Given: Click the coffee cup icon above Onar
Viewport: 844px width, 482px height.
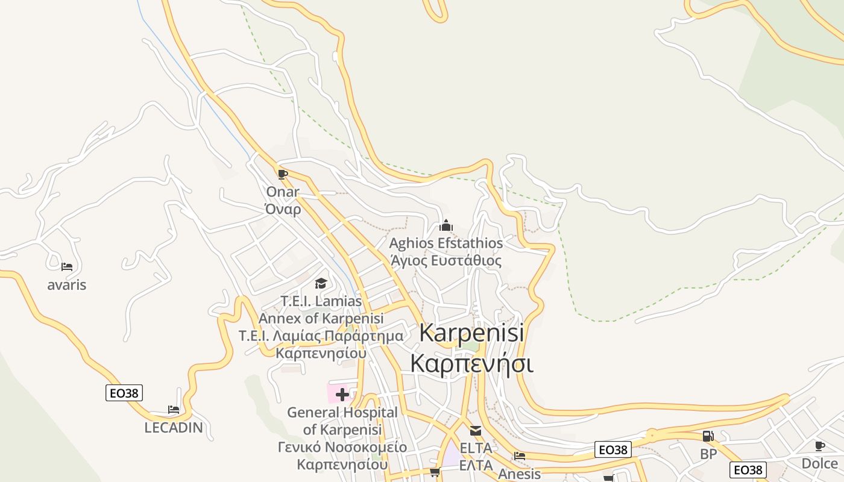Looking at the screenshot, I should click(282, 175).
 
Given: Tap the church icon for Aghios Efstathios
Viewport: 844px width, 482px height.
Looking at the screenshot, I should click(446, 226).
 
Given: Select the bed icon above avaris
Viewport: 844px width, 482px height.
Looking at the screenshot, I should click(67, 266).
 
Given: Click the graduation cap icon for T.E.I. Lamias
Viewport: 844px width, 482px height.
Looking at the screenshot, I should click(321, 283).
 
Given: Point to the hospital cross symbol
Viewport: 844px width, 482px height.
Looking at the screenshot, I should click(342, 395).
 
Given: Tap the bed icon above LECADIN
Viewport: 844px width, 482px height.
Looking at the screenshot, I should click(174, 410).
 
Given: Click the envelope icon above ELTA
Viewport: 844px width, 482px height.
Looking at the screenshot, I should click(476, 431).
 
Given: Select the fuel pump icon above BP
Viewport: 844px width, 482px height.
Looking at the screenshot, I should click(708, 436).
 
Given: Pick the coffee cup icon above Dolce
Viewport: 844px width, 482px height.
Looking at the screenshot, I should click(819, 446).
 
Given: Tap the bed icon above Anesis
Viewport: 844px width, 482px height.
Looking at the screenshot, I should click(520, 456).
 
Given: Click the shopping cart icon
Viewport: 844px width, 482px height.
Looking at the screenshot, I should click(435, 472).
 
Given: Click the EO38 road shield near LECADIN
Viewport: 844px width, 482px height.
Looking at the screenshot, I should click(124, 393).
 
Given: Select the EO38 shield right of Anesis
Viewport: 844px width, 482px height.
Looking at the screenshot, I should click(613, 449).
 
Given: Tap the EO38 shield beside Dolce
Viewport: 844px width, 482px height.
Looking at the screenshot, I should click(748, 470).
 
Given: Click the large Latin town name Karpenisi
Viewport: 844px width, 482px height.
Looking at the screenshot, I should click(471, 333).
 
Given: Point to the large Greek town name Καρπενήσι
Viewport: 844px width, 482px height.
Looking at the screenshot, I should click(471, 364).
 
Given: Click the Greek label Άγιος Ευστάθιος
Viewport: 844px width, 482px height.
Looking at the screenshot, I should click(446, 261).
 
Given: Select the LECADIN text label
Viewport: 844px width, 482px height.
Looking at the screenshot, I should click(174, 428).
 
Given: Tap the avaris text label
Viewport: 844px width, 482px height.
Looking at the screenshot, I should click(67, 285).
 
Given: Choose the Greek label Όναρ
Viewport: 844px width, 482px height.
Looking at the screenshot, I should click(283, 209).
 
